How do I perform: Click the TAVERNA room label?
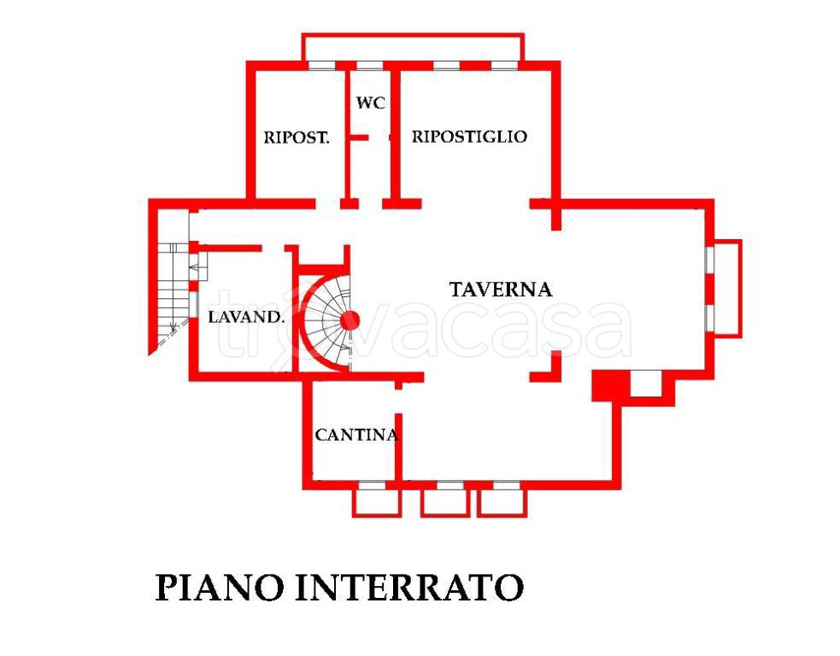pos(501,290)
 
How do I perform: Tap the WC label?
pos(370,103)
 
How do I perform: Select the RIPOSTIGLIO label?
pos(469,137)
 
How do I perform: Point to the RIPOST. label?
pos(297,138)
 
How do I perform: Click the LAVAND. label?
pos(246,318)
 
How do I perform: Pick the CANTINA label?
pos(355,435)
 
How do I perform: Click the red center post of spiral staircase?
pos(350,321)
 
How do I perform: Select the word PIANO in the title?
pos(220,588)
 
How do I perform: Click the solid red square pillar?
pos(609,384)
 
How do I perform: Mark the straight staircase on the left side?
pos(172,290)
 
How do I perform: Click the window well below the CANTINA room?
pos(376,501)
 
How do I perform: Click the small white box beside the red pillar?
pos(645,384)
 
